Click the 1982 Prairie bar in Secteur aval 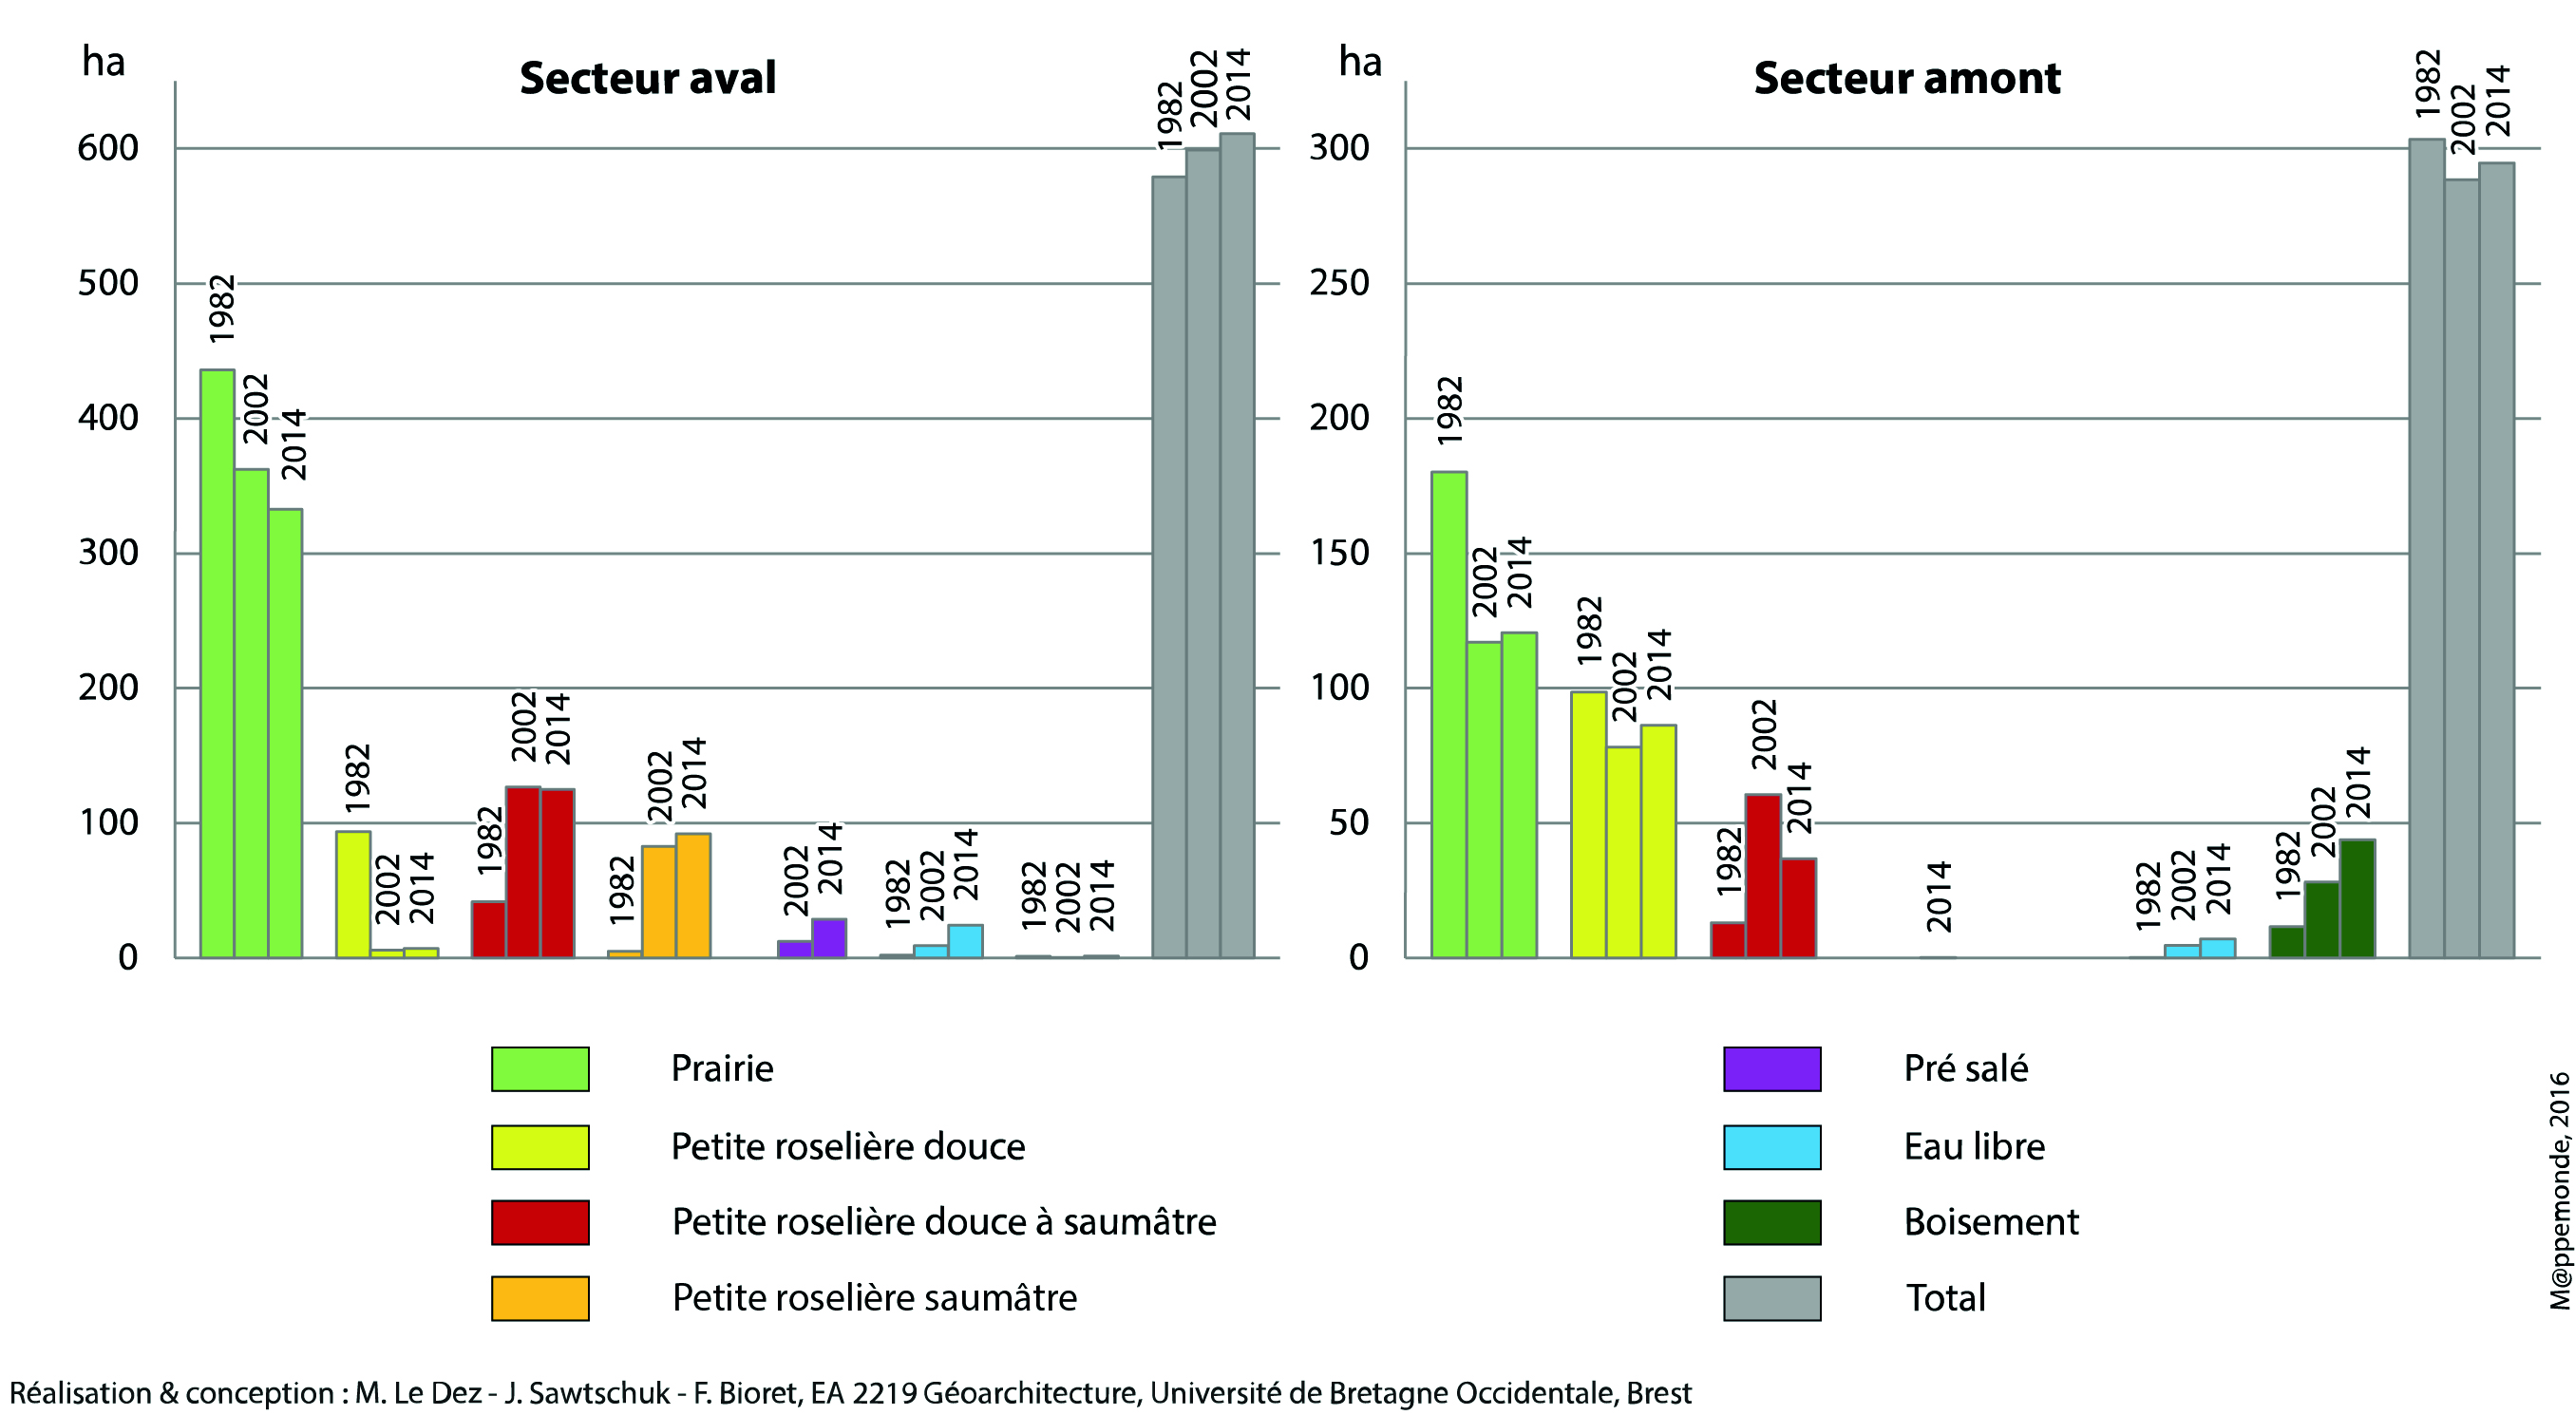[x=217, y=664]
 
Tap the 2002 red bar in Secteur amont [x=1762, y=877]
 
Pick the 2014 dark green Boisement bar [x=2357, y=898]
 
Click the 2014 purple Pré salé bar [x=828, y=938]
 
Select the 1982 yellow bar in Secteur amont [x=1588, y=824]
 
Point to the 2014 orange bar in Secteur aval [x=692, y=896]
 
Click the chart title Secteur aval [x=647, y=78]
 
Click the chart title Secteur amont [x=1906, y=78]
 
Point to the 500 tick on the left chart [x=108, y=283]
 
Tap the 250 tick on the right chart [x=1338, y=283]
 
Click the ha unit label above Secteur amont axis [x=1359, y=62]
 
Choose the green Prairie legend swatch [x=540, y=1068]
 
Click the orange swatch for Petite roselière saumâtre [x=540, y=1298]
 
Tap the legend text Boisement [x=1990, y=1222]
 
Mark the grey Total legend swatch [x=1771, y=1298]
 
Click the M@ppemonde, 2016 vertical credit [x=2558, y=1189]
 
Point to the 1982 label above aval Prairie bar [x=221, y=308]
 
